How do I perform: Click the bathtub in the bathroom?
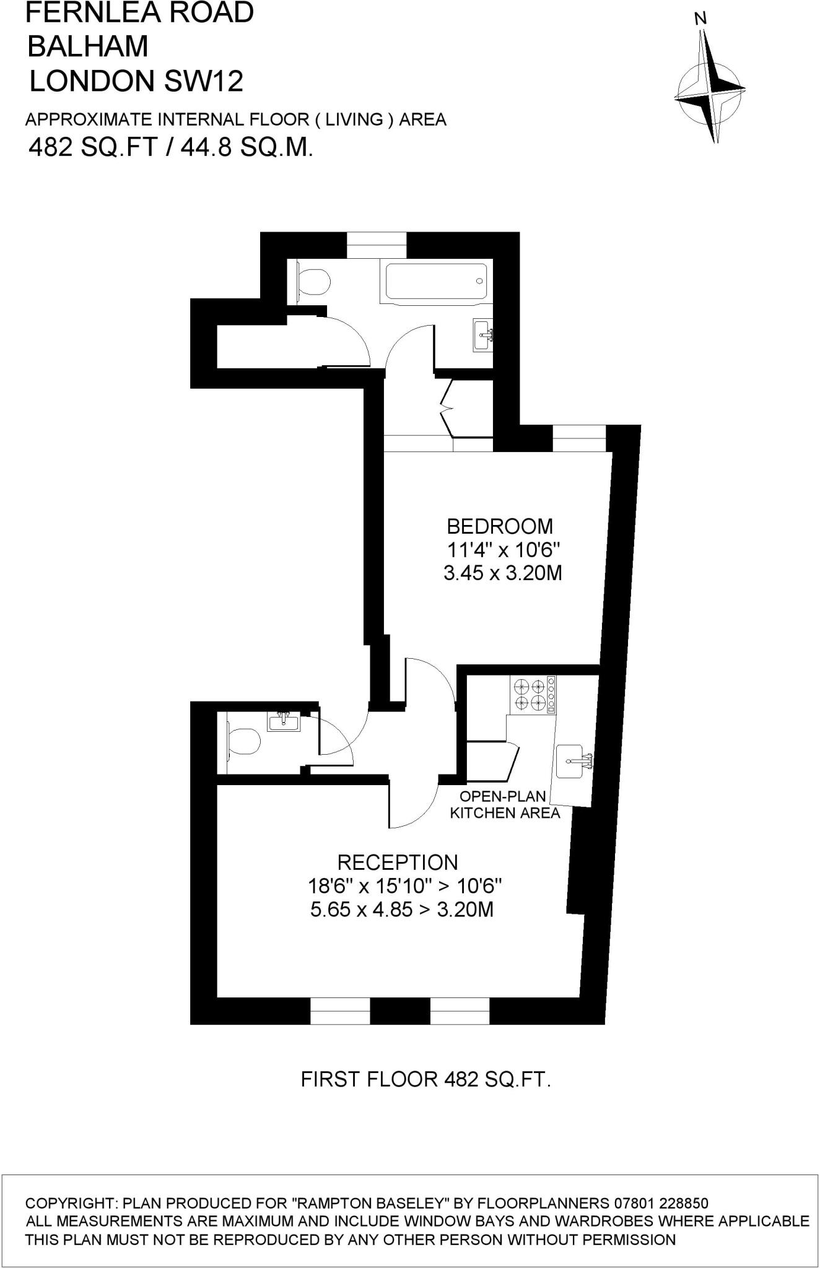point(437,284)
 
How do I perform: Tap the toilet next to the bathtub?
point(313,282)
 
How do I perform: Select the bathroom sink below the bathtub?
point(483,335)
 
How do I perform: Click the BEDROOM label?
point(500,526)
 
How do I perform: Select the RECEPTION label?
point(398,862)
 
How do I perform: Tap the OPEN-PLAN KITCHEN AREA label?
point(505,804)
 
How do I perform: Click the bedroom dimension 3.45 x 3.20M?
point(502,573)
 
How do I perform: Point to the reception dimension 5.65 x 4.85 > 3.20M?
point(402,910)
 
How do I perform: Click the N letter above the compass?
point(700,19)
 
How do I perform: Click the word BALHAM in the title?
point(89,46)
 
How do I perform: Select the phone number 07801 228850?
point(661,1203)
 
